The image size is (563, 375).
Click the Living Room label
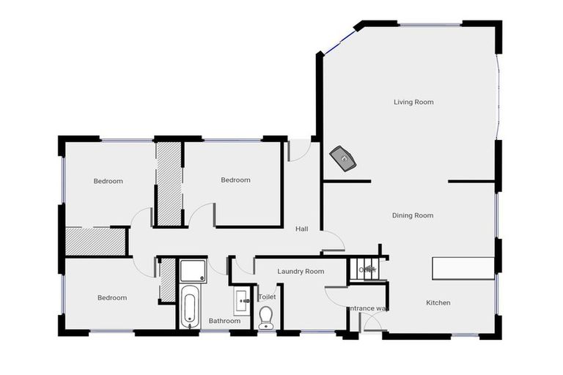[413, 103]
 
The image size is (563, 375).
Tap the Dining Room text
[413, 215]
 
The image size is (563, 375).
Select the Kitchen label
[438, 302]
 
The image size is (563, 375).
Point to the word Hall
[301, 229]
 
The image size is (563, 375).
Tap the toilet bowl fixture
[266, 316]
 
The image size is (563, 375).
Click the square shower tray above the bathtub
[194, 271]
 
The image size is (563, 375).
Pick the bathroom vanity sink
[243, 300]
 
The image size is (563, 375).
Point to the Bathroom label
[224, 321]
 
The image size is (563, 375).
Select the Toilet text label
[267, 297]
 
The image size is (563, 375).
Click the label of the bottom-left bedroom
[112, 298]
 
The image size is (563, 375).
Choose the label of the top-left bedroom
[108, 181]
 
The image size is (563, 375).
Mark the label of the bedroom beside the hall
[235, 180]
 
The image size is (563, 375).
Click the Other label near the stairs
[367, 270]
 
